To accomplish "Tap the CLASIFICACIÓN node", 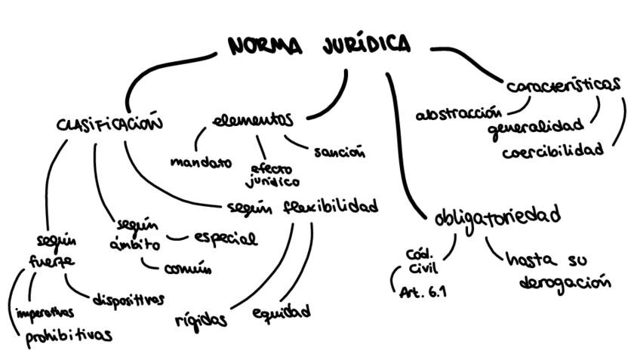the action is coord(109,123).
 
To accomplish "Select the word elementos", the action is coord(252,121).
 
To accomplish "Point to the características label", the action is coord(563,84).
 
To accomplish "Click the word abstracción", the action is coord(458,114).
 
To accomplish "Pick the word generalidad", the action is coord(536,125).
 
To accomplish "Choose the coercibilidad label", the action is coord(553,149).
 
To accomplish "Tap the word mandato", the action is coord(200,162).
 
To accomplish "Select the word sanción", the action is coord(339,152).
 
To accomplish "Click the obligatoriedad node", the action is coord(497,217).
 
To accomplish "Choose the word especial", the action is coord(226,239).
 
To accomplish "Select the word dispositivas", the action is coord(128,300).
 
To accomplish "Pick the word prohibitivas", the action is coord(69,335).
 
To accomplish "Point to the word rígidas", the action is coord(200,319).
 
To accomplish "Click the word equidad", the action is coord(281,311).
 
